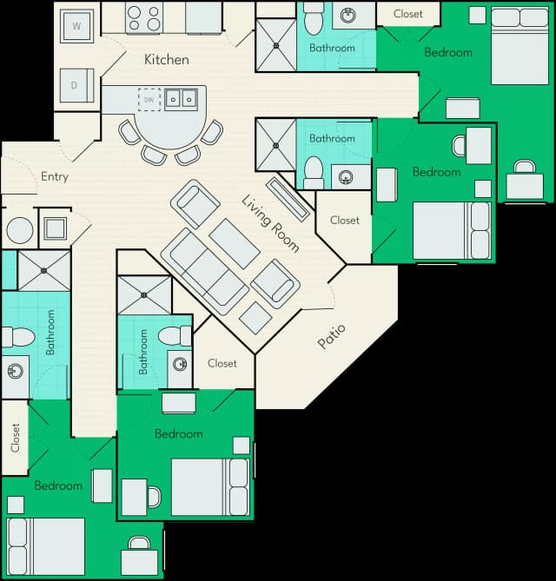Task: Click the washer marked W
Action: (x=76, y=26)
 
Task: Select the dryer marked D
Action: (x=76, y=85)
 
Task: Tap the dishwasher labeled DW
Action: (x=149, y=100)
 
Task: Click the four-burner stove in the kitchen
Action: (x=144, y=17)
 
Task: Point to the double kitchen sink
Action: (x=182, y=99)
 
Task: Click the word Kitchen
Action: (x=167, y=60)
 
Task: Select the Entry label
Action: (x=55, y=176)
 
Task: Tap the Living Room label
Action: (x=270, y=223)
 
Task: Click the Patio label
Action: (x=331, y=336)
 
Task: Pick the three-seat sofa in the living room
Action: (x=205, y=272)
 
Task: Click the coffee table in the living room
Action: (x=235, y=243)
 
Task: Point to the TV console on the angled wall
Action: (x=288, y=200)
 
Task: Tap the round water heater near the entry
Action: (x=20, y=230)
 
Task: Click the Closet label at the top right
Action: (x=408, y=14)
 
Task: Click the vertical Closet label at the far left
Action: (x=15, y=438)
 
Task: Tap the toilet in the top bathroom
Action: (x=314, y=18)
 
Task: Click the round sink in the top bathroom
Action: (x=348, y=15)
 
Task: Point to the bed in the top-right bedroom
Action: (x=520, y=45)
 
